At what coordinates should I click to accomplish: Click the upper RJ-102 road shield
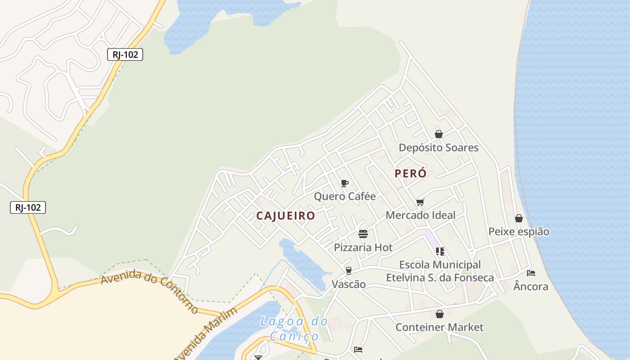(125, 55)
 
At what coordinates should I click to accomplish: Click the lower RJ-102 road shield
(28, 207)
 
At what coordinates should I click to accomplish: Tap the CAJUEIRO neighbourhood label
(286, 216)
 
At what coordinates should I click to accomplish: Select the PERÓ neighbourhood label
(410, 174)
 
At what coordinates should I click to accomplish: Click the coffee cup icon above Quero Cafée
(345, 183)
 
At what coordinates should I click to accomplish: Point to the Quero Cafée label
(345, 196)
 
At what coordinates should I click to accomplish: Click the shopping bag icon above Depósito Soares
(439, 134)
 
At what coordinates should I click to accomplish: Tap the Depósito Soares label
(439, 148)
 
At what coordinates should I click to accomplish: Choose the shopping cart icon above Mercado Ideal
(420, 202)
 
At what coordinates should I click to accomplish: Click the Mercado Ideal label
(420, 215)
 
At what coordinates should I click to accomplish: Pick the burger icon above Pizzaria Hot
(363, 234)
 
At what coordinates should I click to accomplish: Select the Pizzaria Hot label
(363, 247)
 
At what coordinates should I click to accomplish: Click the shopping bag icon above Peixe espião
(519, 218)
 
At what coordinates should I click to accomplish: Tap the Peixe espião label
(519, 232)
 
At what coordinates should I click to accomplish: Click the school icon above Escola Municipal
(440, 251)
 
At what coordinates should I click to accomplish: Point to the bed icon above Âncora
(531, 273)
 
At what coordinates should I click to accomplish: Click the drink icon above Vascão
(348, 270)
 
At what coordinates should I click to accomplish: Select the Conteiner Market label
(439, 327)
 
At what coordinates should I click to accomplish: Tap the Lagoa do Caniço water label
(294, 328)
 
